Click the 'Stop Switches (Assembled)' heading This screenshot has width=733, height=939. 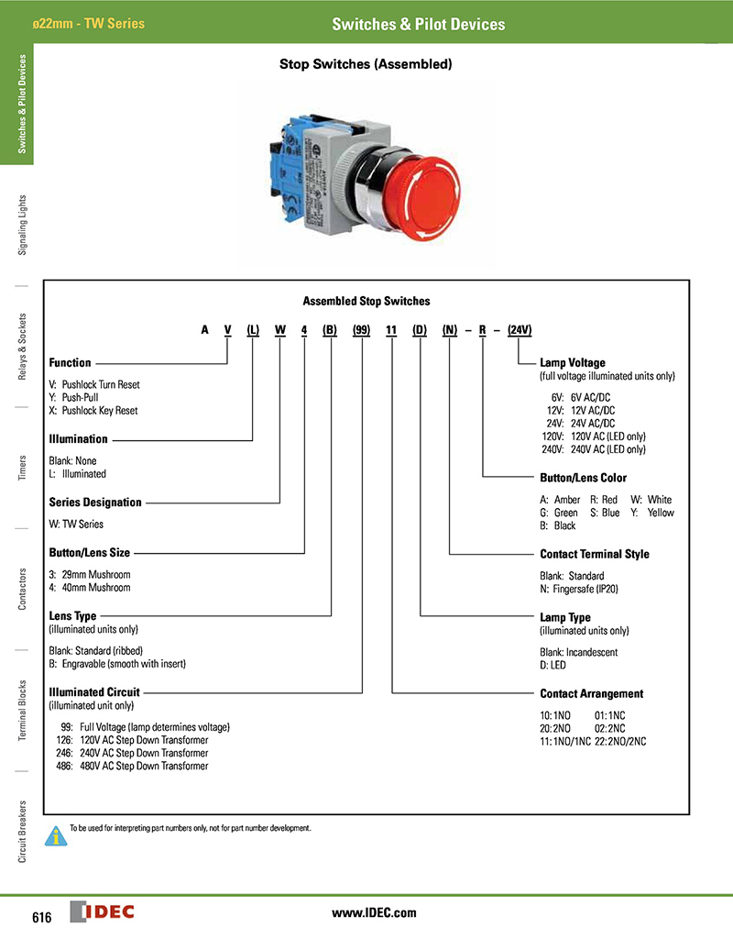(366, 65)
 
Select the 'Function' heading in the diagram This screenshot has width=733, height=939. (70, 363)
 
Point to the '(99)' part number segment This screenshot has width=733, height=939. (361, 329)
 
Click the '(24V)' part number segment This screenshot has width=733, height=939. (520, 329)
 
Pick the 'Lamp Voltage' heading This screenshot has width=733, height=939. (573, 363)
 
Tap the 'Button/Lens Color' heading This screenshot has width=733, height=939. (584, 478)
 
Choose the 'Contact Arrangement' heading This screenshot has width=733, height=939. (592, 693)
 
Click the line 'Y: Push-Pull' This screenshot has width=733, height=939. (73, 398)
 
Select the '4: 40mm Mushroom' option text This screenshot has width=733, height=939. (90, 588)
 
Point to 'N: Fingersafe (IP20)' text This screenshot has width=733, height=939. (584, 589)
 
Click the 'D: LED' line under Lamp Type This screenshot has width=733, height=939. (552, 665)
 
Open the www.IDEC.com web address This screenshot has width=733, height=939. (374, 912)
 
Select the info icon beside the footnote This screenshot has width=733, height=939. (57, 835)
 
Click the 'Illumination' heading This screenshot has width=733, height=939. (78, 439)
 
